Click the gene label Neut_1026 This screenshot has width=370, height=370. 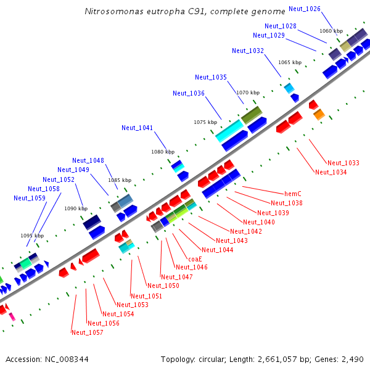pos(305,9)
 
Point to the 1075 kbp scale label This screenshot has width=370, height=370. pos(205,122)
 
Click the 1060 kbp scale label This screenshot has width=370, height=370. pos(331,31)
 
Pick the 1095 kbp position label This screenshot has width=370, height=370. pos(32,236)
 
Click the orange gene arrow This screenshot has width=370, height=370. pos(319,115)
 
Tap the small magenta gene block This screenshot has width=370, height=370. pos(12,317)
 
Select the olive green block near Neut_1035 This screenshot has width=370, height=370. pos(252,114)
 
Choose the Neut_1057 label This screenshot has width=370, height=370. pos(87,332)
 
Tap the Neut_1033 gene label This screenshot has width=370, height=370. pos(343,163)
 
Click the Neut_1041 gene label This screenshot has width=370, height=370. pos(137,128)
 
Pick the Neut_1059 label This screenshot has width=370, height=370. pos(30,198)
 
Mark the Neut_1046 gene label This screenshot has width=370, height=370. pos(192,268)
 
